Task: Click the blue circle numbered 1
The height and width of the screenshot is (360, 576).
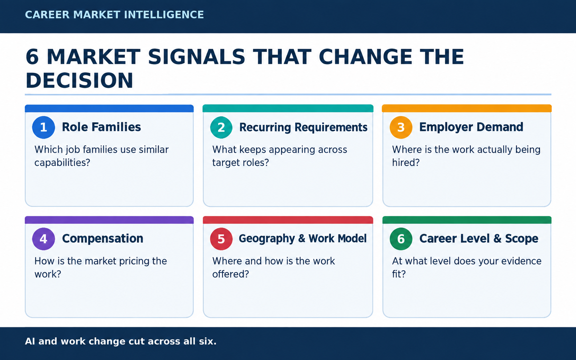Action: point(44,127)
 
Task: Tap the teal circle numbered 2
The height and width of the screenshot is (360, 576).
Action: point(221,127)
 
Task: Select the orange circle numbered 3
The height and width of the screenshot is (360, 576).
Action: point(401,127)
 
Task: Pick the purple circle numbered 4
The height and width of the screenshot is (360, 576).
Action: point(44,239)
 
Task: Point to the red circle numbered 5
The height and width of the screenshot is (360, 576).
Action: point(221,239)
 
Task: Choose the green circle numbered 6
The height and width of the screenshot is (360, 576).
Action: point(401,239)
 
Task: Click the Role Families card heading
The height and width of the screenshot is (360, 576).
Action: point(101,127)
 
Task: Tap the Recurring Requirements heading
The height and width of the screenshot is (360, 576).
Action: point(303,127)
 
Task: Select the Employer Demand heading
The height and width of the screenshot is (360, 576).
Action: point(471,127)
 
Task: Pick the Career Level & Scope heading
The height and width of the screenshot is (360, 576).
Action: point(479,239)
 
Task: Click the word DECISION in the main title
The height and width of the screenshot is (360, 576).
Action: point(80,81)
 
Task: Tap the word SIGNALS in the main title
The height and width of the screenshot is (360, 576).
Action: point(196,57)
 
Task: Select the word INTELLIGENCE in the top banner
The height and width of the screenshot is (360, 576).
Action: point(164,15)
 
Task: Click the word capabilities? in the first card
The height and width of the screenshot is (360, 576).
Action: point(62,163)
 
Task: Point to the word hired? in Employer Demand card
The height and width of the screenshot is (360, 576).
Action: point(406,162)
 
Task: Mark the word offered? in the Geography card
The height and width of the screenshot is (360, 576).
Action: point(231,274)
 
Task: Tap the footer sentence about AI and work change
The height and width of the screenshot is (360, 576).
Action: point(121,341)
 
